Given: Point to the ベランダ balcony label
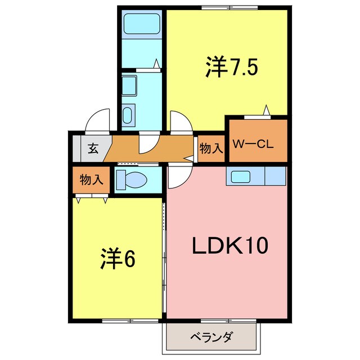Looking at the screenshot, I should point(212,338).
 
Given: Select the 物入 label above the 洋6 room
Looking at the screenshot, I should point(91,180).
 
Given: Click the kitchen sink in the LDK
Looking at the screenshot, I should point(245,177).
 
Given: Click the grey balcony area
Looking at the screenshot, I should point(212,339).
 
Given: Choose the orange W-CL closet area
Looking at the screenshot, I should point(256,138).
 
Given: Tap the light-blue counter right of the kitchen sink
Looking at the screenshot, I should point(275,177).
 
